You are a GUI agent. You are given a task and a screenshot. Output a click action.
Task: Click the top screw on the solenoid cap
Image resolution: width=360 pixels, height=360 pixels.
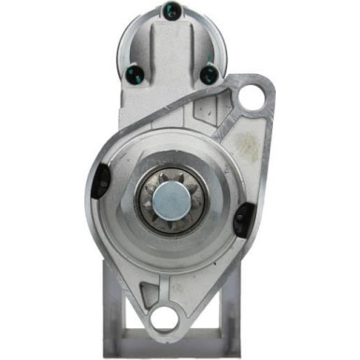coord(175,11)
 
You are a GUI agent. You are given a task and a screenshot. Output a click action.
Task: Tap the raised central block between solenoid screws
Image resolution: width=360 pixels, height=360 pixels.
coord(174,47)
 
